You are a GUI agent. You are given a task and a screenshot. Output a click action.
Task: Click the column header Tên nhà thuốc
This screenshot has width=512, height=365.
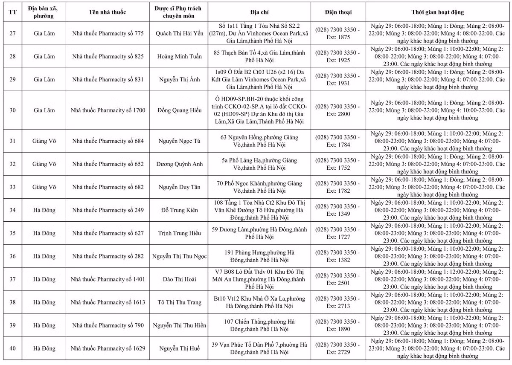(x=108, y=12)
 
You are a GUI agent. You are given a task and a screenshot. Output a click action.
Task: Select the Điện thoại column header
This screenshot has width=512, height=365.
(x=338, y=12)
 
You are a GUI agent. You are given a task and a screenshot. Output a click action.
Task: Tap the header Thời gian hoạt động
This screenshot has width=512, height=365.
(x=438, y=12)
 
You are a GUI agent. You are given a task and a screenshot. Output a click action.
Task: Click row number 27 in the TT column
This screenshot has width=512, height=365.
(x=13, y=33)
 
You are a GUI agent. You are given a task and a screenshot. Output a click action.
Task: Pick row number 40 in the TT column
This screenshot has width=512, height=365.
(x=13, y=348)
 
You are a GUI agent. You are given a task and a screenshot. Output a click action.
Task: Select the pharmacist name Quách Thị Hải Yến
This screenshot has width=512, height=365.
(x=179, y=33)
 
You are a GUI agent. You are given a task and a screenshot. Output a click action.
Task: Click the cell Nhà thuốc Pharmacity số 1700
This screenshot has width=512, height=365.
(x=108, y=110)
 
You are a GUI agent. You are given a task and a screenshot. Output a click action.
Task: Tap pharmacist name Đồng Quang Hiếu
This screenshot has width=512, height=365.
(x=179, y=110)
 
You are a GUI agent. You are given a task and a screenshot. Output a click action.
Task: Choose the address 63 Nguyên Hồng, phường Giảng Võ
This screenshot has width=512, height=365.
(x=260, y=141)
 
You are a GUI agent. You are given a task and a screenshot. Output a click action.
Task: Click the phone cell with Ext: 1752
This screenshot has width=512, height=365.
(x=338, y=164)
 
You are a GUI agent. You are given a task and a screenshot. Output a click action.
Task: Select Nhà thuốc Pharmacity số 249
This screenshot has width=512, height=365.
(x=108, y=210)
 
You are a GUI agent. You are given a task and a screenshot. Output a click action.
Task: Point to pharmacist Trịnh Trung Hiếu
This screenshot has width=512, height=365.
(x=179, y=233)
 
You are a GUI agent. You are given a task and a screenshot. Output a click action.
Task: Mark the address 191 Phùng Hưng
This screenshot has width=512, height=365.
(x=260, y=256)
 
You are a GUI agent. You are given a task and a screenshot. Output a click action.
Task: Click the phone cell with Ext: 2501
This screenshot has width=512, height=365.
(x=338, y=279)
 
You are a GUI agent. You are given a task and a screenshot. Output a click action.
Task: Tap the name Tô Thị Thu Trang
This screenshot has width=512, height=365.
(x=179, y=302)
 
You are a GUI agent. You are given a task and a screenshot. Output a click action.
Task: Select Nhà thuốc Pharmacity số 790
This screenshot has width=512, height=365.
(x=108, y=325)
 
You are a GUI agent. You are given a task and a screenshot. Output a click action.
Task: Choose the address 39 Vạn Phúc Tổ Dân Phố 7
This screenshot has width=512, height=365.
(x=260, y=348)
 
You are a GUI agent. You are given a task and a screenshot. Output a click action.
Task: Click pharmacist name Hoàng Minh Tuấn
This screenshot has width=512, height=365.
(x=179, y=56)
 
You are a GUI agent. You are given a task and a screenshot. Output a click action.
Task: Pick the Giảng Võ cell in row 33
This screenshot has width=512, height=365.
(x=44, y=187)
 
